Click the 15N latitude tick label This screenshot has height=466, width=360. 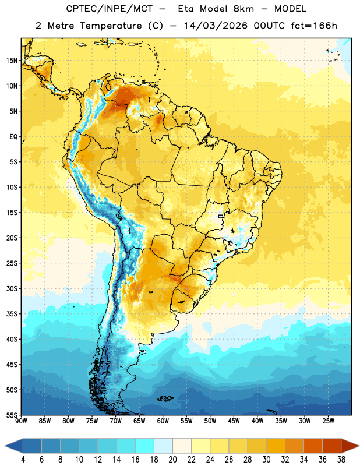(12, 61)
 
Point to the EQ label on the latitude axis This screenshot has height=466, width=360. (13, 137)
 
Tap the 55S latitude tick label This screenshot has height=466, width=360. (12, 415)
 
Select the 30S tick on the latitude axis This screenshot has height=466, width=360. (12, 288)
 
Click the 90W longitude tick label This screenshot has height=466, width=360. (21, 421)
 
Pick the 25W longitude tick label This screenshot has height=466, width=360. (328, 421)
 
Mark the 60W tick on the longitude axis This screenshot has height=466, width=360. (163, 421)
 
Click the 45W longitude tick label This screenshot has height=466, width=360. (234, 421)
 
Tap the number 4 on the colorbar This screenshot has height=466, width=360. (23, 460)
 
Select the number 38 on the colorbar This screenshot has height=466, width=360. (341, 460)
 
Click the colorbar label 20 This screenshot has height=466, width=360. (172, 460)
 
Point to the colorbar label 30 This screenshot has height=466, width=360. (266, 460)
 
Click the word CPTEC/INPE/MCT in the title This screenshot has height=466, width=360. (110, 9)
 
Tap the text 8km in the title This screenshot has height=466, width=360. (243, 9)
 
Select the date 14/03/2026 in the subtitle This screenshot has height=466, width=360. (216, 26)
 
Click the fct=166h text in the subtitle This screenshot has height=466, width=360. (314, 26)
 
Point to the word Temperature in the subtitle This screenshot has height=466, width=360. (111, 26)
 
